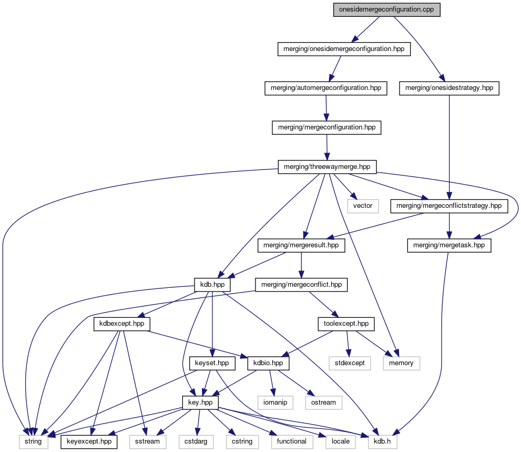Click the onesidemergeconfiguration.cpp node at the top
point(386,10)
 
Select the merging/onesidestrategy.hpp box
point(448,88)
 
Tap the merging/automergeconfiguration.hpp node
point(325,88)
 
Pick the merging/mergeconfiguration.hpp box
point(326,128)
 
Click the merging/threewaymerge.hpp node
point(327,167)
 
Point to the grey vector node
point(363,206)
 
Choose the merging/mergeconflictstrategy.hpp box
point(448,206)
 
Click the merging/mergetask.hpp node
point(449,246)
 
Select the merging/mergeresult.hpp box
point(301,246)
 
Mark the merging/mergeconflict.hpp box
point(301,285)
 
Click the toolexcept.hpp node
point(346,324)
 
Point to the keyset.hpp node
point(211,363)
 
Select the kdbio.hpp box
point(268,363)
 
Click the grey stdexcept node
point(347,363)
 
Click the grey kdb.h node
point(382,441)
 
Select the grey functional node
point(292,441)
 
